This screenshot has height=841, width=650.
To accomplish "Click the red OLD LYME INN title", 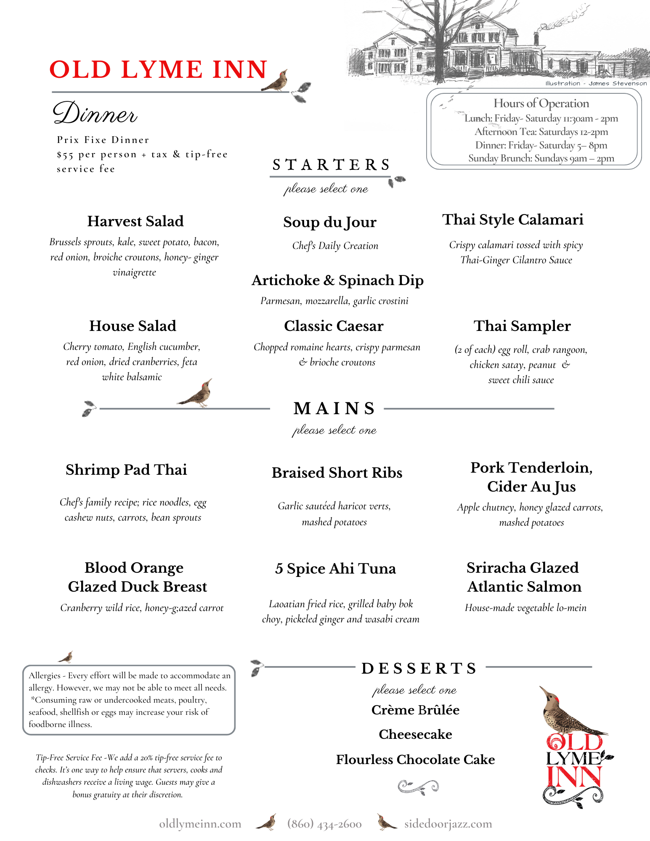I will [x=158, y=69].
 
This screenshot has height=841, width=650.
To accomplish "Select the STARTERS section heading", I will [x=332, y=165].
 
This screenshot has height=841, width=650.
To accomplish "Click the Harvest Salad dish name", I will [x=135, y=221].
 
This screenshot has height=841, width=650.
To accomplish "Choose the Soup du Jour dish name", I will [x=330, y=222].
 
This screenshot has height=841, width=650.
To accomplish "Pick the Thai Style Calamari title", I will [x=513, y=220].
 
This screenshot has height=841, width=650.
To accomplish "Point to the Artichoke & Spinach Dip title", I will [x=337, y=280].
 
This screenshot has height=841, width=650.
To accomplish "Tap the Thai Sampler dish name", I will [x=522, y=326].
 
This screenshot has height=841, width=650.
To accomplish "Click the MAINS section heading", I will [x=334, y=408].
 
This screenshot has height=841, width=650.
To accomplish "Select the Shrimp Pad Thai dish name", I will [x=126, y=470].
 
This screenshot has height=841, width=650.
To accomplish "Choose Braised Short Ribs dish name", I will [x=337, y=473].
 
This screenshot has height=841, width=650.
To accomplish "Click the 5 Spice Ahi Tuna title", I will [x=335, y=569].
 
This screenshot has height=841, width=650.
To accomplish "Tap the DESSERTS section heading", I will [x=419, y=668].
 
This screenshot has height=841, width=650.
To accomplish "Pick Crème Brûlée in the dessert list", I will [x=415, y=710].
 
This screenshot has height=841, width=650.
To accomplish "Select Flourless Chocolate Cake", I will [x=415, y=759].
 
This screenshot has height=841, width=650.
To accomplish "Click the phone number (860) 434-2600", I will [x=324, y=824].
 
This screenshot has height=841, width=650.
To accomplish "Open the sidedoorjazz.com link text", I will [x=448, y=824].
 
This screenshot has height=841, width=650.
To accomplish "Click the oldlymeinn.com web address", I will [x=200, y=824].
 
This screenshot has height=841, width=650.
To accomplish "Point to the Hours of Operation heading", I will [x=541, y=103].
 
